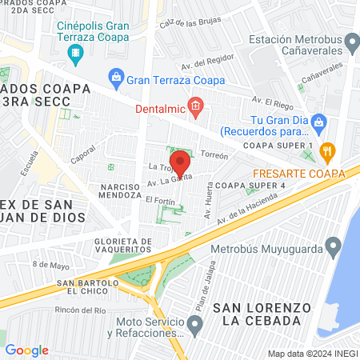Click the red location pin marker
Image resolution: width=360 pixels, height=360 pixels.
[x=180, y=162]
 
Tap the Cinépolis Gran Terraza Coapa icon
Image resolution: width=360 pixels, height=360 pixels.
[x=76, y=55]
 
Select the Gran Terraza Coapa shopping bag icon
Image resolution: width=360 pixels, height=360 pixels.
[x=118, y=79]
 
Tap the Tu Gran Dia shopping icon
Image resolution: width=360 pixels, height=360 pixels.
[x=318, y=121]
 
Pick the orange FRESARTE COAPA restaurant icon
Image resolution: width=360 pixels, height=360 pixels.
[x=326, y=151]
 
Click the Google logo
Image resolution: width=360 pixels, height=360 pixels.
[x=27, y=350]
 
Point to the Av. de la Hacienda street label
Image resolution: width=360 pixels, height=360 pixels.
[x=243, y=210]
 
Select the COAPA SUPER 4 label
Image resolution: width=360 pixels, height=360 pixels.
[x=250, y=186]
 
